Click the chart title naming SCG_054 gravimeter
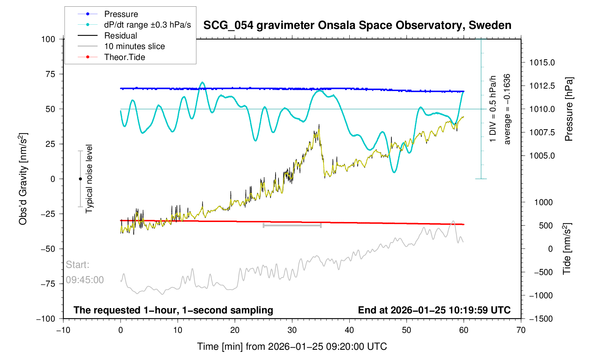pyautogui.click(x=357, y=25)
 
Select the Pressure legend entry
pyautogui.click(x=121, y=14)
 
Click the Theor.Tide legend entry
pyautogui.click(x=124, y=57)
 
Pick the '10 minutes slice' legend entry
pyautogui.click(x=134, y=46)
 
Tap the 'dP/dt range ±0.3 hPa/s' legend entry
pyautogui.click(x=147, y=25)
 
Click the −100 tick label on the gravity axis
pyautogui.click(x=46, y=319)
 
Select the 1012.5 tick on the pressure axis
pyautogui.click(x=542, y=86)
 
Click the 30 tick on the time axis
pyautogui.click(x=292, y=330)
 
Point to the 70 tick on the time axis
pyautogui.click(x=521, y=330)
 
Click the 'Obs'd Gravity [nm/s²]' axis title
pyautogui.click(x=23, y=179)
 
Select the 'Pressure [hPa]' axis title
pyautogui.click(x=568, y=109)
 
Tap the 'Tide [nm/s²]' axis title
pyautogui.click(x=567, y=249)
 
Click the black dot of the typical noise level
pyautogui.click(x=80, y=179)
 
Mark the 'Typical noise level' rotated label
pyautogui.click(x=89, y=179)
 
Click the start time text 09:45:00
pyautogui.click(x=85, y=280)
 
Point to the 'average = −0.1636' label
pyautogui.click(x=507, y=109)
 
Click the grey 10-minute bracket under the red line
pyautogui.click(x=292, y=225)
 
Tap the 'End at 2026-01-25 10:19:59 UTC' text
pyautogui.click(x=434, y=310)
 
